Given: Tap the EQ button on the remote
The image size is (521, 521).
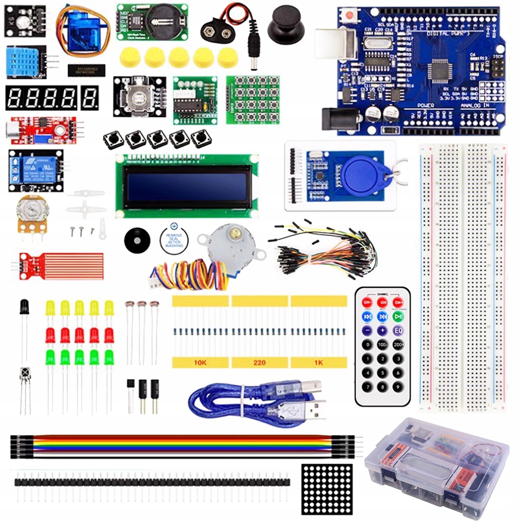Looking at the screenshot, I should (x=399, y=330).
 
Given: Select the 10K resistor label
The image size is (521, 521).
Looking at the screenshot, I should (x=201, y=363).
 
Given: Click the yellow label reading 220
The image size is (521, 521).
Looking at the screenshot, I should (x=259, y=363).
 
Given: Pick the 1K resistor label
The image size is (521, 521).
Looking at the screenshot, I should (x=318, y=363).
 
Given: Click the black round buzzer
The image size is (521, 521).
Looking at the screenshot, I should (x=137, y=239).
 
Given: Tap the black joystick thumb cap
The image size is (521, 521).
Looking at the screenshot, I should (x=283, y=23).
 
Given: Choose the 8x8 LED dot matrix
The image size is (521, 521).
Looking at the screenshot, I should (x=327, y=488).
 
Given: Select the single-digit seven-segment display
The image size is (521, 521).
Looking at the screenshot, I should (x=90, y=97).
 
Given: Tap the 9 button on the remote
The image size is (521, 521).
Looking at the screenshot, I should (x=399, y=387).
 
